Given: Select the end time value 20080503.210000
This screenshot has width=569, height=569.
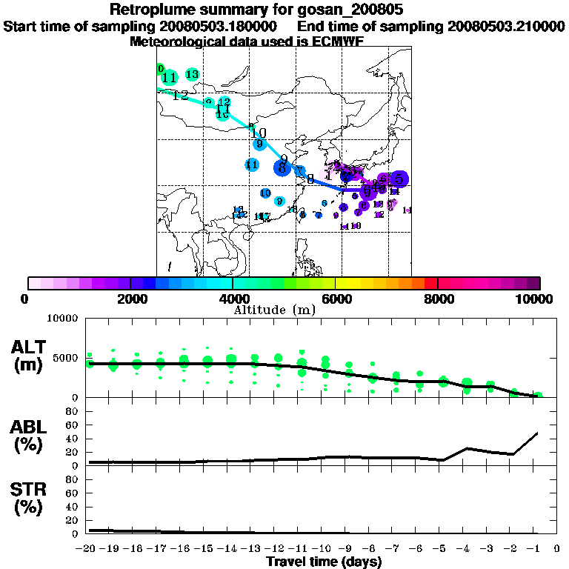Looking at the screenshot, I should (x=506, y=26).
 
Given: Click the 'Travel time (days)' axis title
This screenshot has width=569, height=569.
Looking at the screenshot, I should (x=324, y=562).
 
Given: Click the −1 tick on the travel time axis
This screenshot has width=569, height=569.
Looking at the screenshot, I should (x=539, y=548).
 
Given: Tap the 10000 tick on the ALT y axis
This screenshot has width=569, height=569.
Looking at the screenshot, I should (x=63, y=319).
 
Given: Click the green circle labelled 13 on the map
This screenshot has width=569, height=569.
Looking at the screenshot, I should (x=193, y=74).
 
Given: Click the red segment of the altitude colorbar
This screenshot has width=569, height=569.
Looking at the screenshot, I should (x=430, y=282).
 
